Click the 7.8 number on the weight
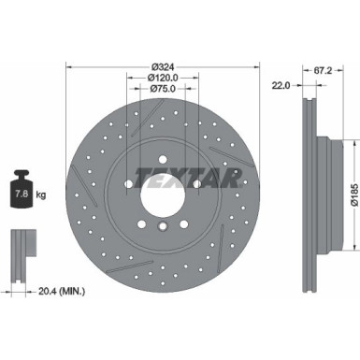[x=20, y=194]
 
